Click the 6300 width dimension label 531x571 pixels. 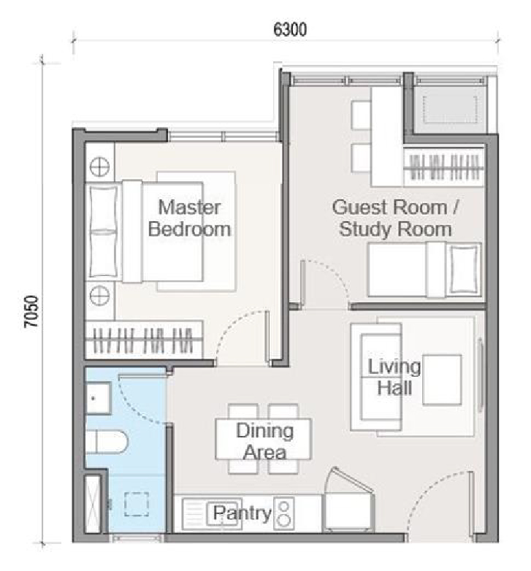[290, 29]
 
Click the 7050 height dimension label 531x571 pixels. [31, 311]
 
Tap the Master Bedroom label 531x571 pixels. [189, 218]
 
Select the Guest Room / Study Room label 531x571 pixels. [396, 218]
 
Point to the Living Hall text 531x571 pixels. [394, 377]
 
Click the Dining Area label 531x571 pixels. [265, 441]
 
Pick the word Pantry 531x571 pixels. [242, 513]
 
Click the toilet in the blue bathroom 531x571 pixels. [107, 441]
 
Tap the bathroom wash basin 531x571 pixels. [98, 398]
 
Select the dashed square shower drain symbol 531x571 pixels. [136, 505]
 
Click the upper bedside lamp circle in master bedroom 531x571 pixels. [99, 167]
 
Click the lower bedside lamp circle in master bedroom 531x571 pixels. [99, 295]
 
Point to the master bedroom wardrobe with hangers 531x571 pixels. [144, 340]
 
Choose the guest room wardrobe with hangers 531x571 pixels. [444, 167]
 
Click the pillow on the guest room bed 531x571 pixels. [464, 269]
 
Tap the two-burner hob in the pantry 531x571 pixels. [283, 513]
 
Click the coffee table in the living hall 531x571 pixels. [442, 380]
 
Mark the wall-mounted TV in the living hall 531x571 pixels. [481, 375]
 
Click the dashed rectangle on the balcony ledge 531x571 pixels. [450, 110]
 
